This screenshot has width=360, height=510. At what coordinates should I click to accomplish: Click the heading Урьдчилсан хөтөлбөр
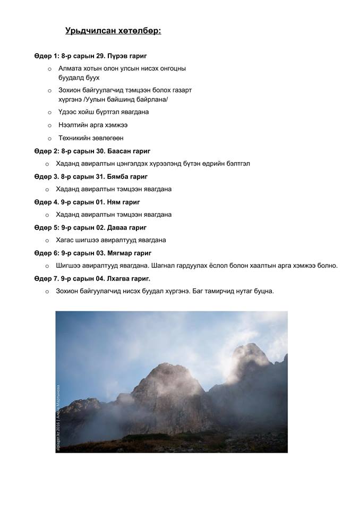tap(113, 31)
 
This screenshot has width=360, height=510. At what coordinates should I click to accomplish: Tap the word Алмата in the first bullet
tap(72, 69)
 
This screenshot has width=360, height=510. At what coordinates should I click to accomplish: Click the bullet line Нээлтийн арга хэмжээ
tap(93, 125)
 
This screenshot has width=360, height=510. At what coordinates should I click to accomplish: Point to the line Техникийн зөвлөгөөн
tap(91, 138)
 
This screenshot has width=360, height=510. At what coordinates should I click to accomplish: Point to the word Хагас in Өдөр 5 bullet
tap(66, 240)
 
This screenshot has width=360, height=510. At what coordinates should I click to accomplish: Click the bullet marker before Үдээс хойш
tap(49, 112)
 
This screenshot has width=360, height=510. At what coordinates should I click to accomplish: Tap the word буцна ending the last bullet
tap(264, 291)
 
